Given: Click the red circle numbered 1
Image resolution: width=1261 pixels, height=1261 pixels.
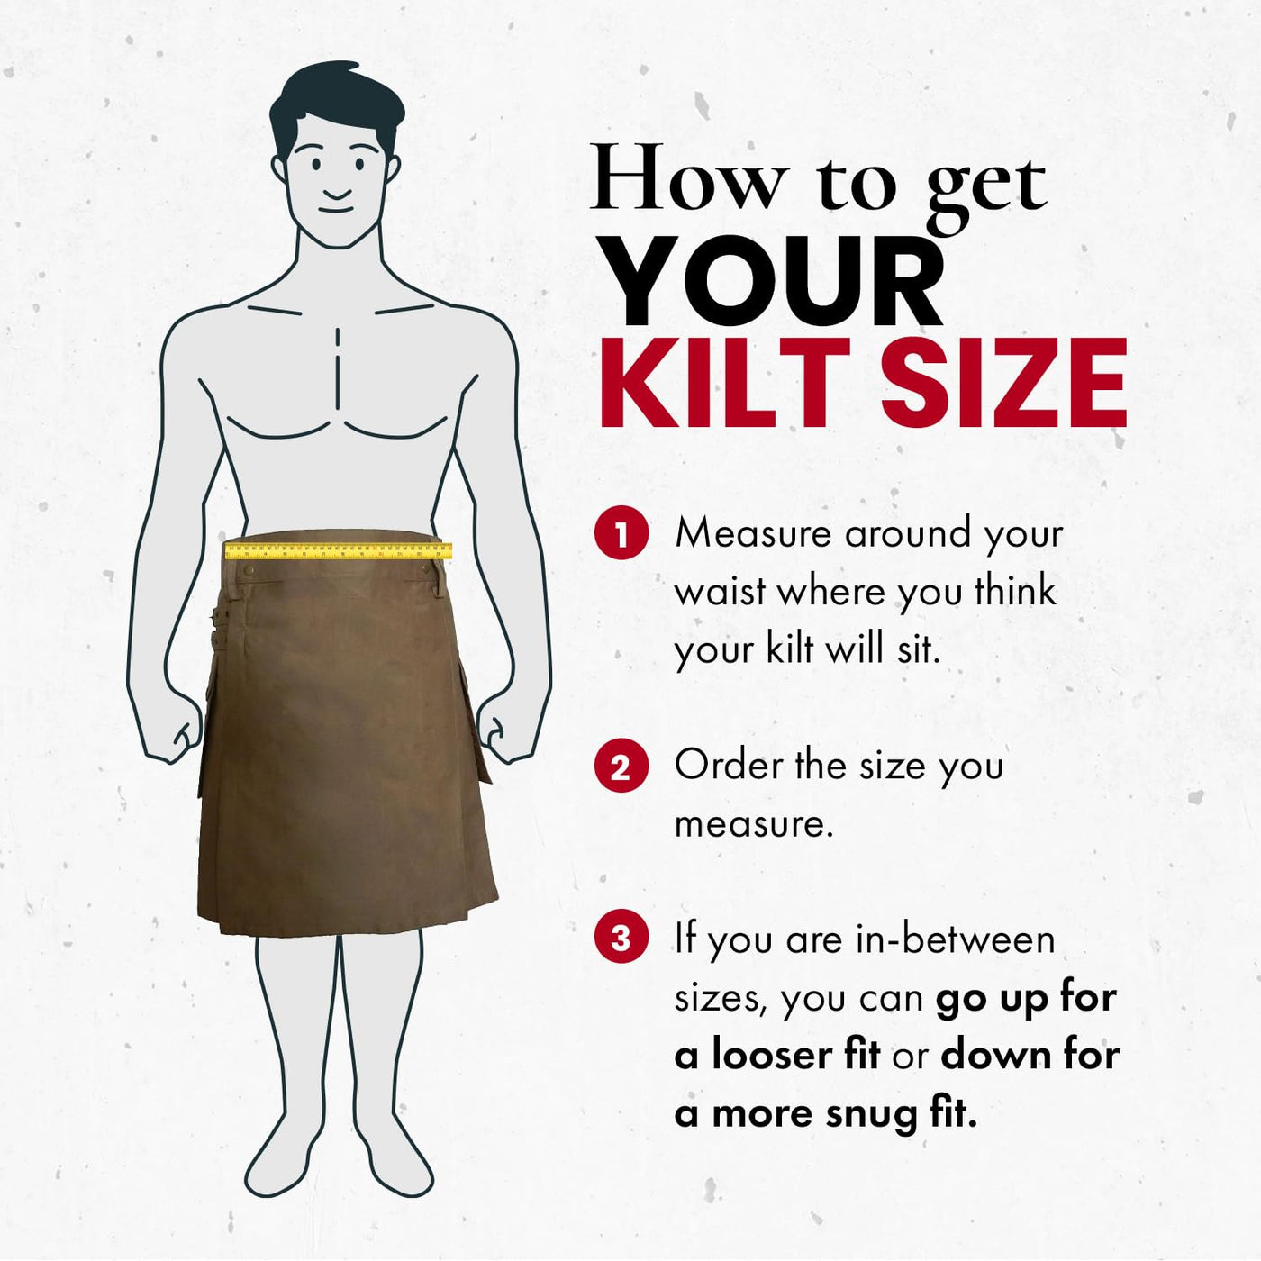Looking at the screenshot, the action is click(x=621, y=535).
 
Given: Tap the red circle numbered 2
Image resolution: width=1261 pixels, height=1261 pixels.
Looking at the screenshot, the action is click(x=621, y=767).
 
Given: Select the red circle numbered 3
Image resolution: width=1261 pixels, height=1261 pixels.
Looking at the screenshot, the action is click(x=621, y=939).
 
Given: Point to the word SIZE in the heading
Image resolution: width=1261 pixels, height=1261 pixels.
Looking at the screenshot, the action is click(x=1003, y=383).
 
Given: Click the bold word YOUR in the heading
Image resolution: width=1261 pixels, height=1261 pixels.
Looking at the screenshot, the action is click(x=776, y=281).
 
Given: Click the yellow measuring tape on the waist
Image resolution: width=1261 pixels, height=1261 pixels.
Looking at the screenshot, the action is click(x=339, y=551).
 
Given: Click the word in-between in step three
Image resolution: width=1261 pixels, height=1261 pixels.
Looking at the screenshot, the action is click(x=956, y=939).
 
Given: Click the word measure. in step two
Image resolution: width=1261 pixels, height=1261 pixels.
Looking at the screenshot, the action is click(x=753, y=824).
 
